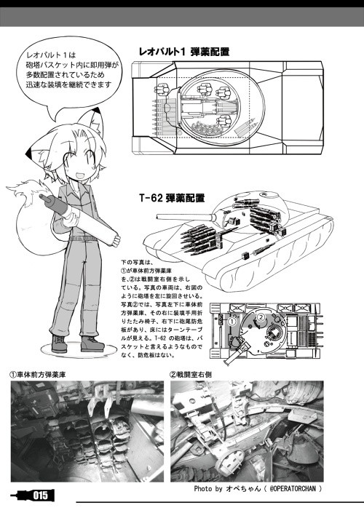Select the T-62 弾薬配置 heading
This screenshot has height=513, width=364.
pos(172,196)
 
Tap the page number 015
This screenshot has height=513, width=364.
pos(39,496)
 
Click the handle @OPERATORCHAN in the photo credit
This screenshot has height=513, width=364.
pos(285,488)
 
